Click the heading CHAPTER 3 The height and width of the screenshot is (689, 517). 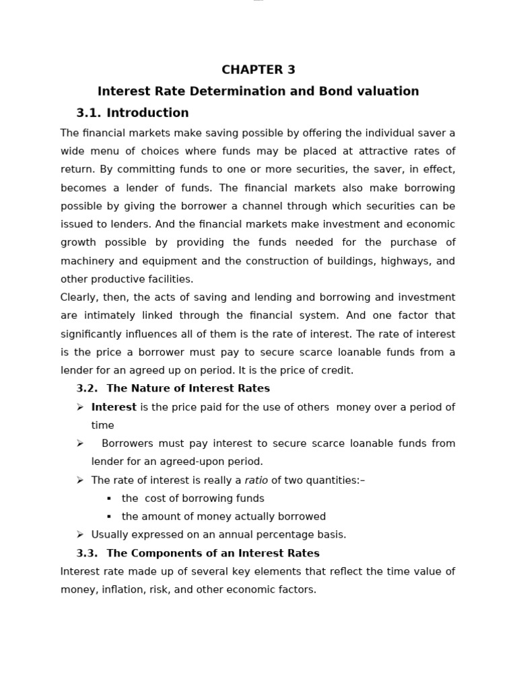(x=258, y=69)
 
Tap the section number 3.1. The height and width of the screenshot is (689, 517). (x=89, y=112)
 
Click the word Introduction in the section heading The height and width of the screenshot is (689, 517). (x=147, y=112)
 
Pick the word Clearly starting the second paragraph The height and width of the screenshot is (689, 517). (x=79, y=297)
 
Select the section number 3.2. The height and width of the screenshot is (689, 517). (x=87, y=388)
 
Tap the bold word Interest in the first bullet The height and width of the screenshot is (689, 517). (x=114, y=407)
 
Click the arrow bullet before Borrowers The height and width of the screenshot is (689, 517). (x=79, y=443)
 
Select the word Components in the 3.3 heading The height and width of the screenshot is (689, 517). (x=166, y=553)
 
